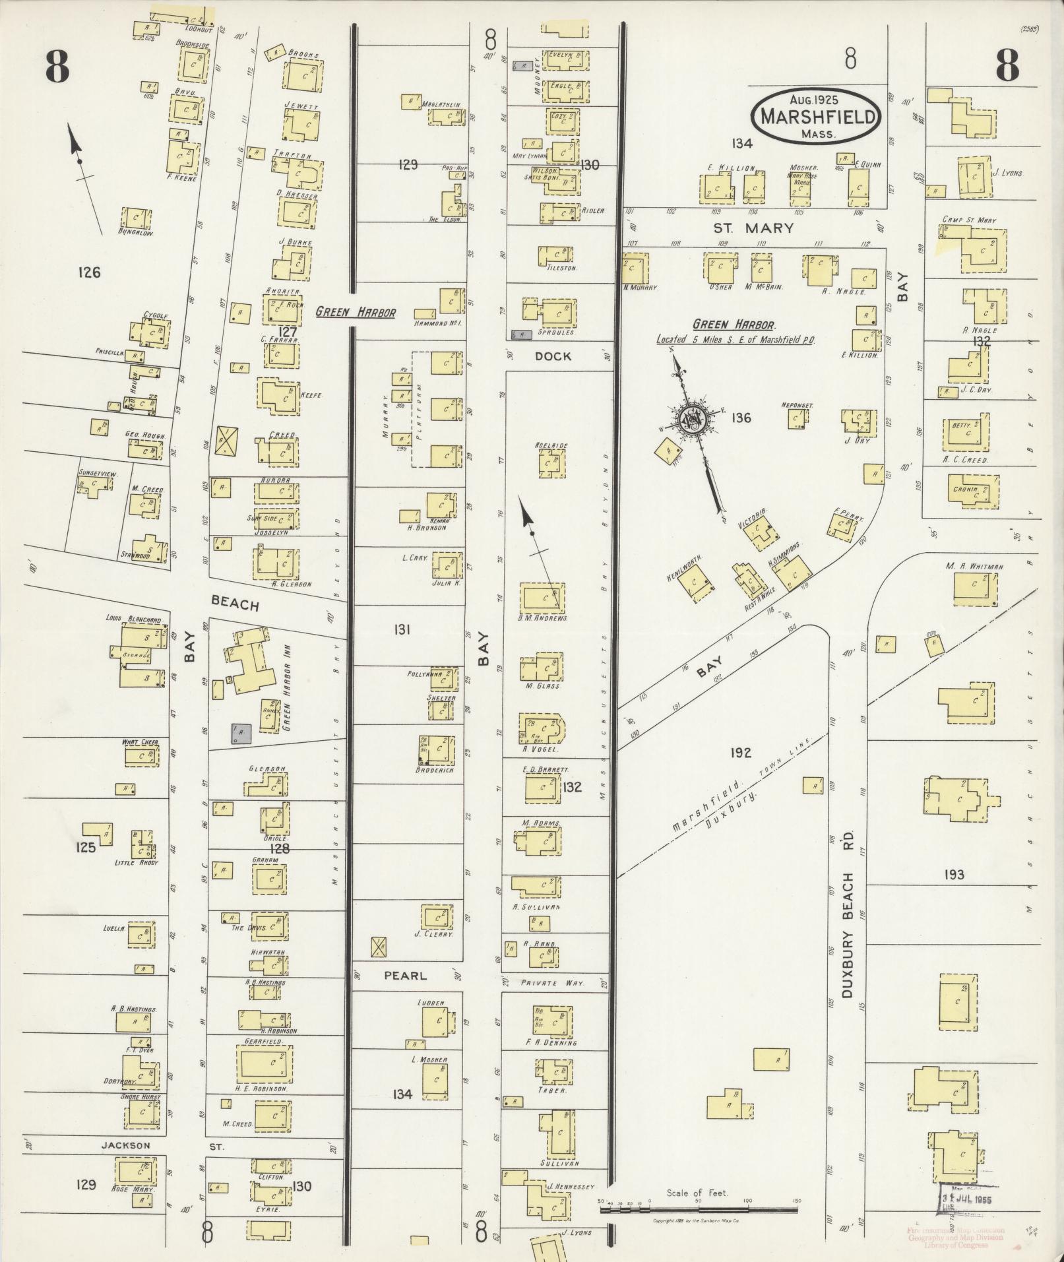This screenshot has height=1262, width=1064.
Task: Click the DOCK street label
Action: [x=553, y=356]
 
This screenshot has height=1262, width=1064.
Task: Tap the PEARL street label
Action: [x=405, y=976]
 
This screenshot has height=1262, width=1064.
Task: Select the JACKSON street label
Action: [x=125, y=1146]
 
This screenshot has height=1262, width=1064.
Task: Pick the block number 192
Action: [x=741, y=752]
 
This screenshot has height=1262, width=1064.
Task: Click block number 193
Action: [x=954, y=875]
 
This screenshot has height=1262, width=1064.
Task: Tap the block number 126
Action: [x=88, y=272]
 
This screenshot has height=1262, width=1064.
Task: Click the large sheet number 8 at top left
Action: [x=57, y=67]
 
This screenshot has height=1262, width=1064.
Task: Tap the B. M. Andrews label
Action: [x=543, y=618]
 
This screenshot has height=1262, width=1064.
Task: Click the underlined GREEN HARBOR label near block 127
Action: [x=356, y=312]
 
